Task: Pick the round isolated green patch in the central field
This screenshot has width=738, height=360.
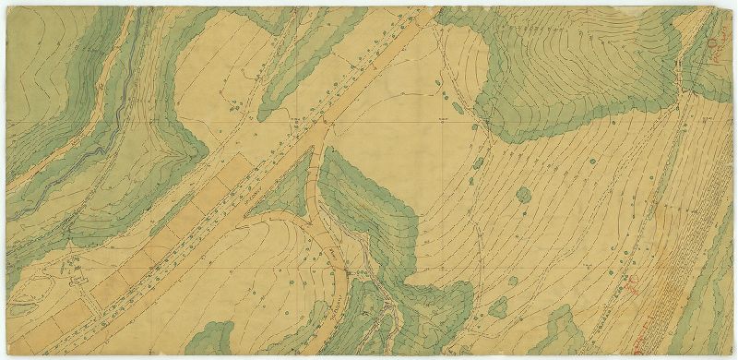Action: coord(523,195)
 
